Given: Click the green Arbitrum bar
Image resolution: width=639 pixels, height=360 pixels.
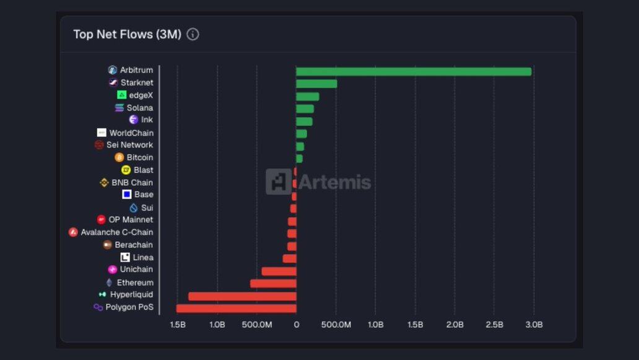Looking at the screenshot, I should [414, 71].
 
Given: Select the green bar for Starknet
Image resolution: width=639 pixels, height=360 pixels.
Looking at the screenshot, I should [316, 84].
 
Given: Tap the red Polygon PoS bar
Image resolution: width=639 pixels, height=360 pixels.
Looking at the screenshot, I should [236, 308].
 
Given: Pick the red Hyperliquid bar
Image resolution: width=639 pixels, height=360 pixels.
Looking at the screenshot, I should [242, 296].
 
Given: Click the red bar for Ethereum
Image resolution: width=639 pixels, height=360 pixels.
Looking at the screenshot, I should [273, 283].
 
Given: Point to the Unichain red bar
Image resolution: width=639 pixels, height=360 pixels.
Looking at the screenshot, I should [279, 271].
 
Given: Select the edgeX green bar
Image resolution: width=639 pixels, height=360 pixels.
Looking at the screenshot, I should [307, 96].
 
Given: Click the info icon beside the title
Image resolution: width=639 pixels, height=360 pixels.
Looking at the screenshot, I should [193, 34].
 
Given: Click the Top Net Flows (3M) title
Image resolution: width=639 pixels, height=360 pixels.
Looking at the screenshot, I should [127, 34].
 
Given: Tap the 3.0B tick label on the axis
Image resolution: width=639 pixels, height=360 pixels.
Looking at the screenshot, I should [534, 325].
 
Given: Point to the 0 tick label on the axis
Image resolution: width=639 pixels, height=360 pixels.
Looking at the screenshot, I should [296, 325].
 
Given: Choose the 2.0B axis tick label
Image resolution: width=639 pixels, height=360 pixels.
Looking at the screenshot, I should [454, 325].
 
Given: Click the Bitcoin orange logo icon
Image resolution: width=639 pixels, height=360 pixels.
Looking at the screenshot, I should [120, 157].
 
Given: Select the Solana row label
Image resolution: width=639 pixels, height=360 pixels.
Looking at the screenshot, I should [140, 108].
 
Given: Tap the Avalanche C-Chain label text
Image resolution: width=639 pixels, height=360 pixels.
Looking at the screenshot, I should [116, 232].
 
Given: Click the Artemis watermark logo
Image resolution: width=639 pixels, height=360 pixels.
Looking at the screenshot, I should [318, 182].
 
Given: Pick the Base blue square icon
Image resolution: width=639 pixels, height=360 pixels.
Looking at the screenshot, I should [126, 195].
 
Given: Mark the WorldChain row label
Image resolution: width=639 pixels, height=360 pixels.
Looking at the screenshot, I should [131, 133].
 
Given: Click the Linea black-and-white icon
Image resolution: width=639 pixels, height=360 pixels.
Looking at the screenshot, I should [125, 257].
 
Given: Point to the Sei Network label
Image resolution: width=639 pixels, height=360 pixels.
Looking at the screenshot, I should [129, 145].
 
